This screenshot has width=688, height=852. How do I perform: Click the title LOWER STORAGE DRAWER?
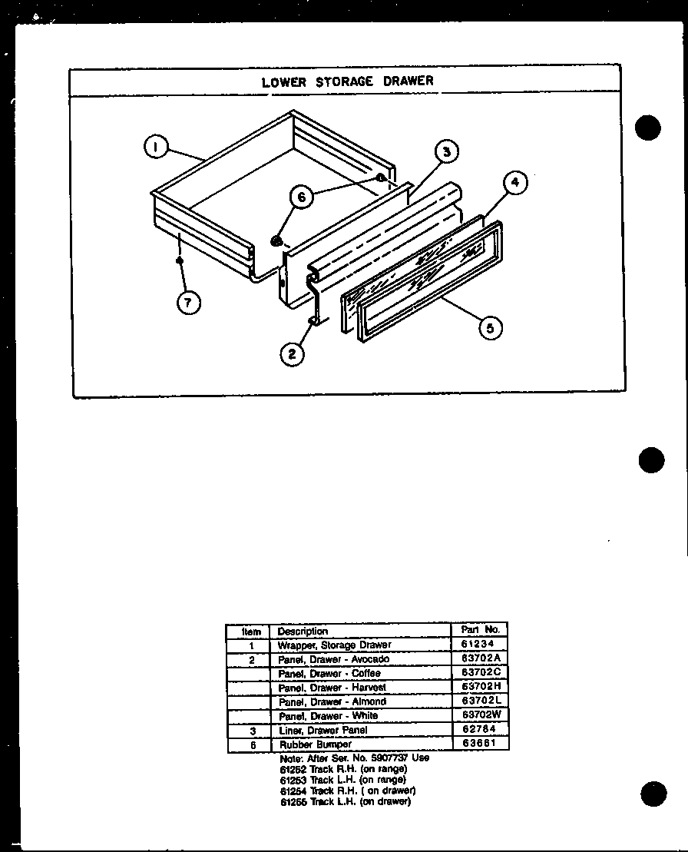point(347,81)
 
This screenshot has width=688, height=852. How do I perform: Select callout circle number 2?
point(291,353)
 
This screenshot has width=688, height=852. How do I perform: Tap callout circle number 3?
point(446,152)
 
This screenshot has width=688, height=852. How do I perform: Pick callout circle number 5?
point(490,328)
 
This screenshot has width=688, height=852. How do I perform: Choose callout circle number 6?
point(301,197)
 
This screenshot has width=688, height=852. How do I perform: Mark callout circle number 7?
point(187,302)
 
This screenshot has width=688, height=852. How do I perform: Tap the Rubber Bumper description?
point(315,744)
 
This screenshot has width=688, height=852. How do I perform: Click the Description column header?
point(303,632)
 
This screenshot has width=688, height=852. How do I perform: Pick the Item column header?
point(251,632)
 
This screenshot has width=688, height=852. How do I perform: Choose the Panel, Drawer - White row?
point(328,716)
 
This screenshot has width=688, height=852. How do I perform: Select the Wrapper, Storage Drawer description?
point(334,645)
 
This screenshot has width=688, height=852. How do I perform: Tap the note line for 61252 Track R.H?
point(343,769)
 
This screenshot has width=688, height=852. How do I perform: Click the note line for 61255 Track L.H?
point(345,802)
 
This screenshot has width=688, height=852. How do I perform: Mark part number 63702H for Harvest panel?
point(481,688)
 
